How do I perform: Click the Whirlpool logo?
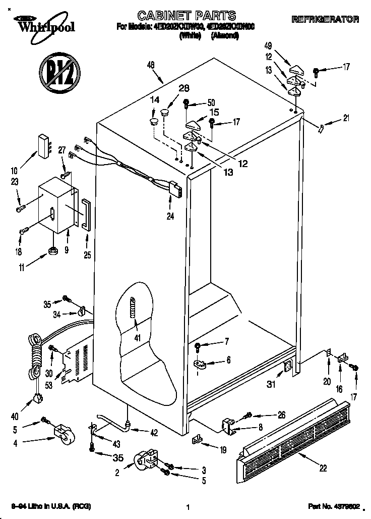(x=44, y=24)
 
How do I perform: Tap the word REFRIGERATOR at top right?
(x=325, y=20)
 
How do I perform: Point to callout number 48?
(x=151, y=64)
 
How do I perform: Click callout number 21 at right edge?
(x=345, y=119)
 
